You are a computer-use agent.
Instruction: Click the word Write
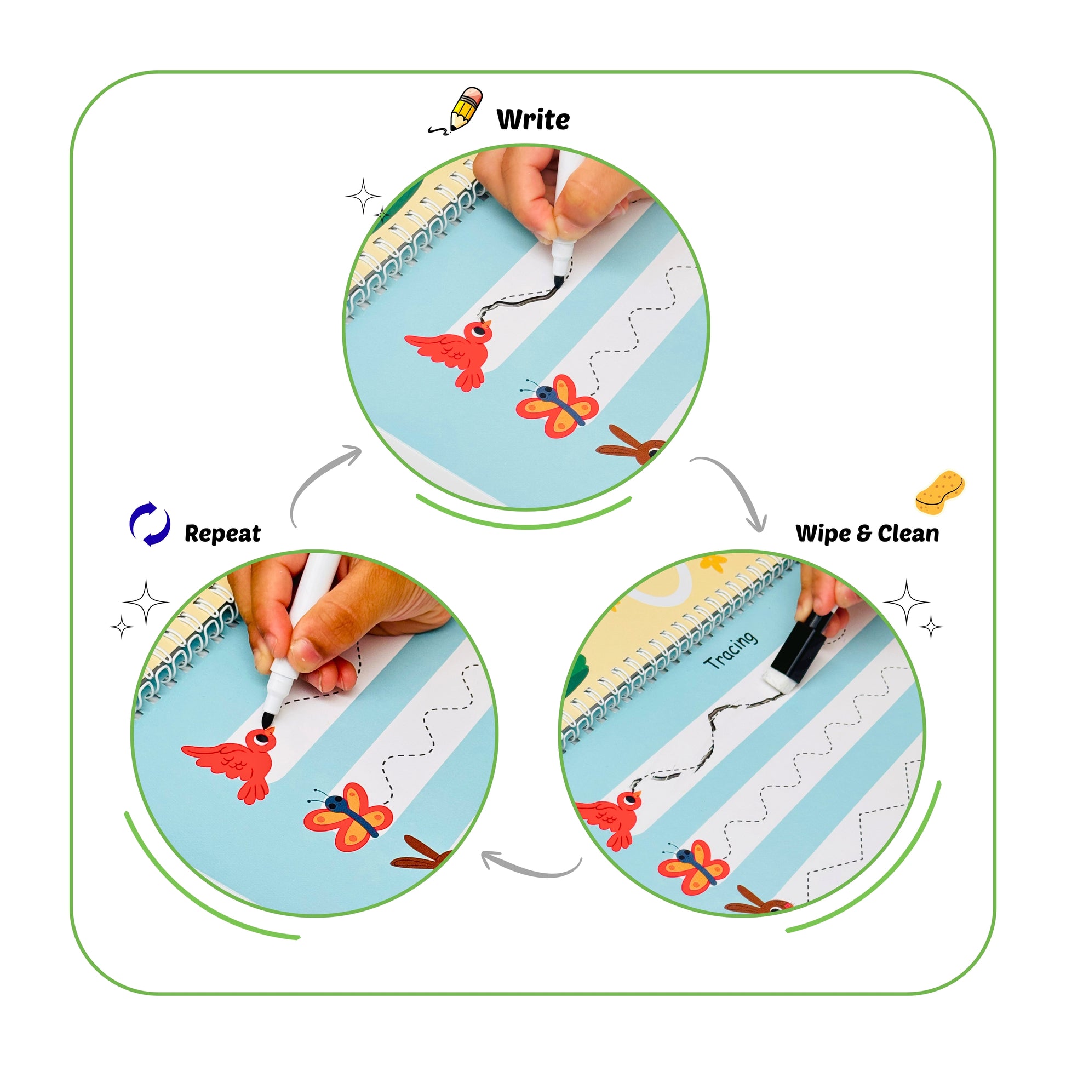(x=533, y=119)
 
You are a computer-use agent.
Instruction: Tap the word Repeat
(x=222, y=534)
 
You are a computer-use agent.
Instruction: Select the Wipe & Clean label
(x=867, y=534)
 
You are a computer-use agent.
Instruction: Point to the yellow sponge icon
(x=939, y=492)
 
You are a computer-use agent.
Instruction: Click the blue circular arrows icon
(x=150, y=524)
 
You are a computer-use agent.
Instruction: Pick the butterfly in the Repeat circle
(x=348, y=816)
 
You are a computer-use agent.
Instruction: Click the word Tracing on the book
(x=731, y=650)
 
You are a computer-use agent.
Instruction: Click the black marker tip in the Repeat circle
(x=268, y=719)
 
